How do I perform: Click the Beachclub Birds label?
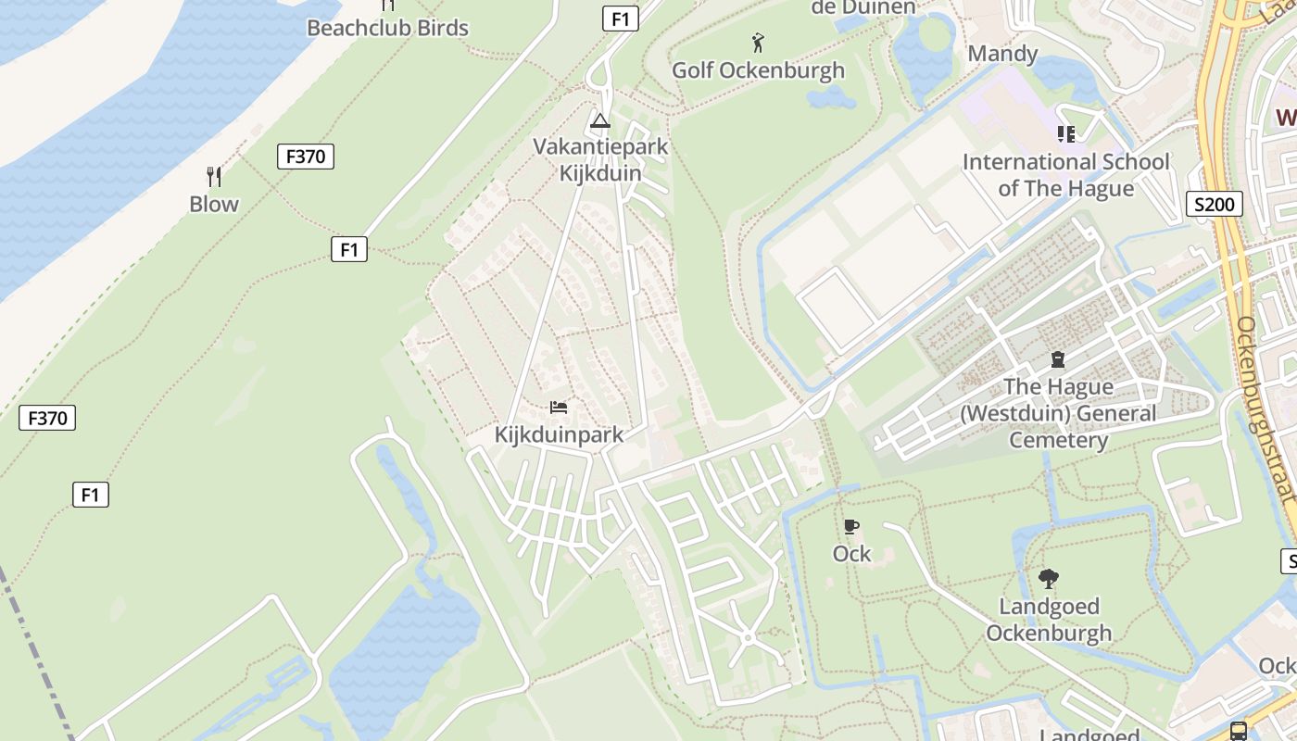[x=387, y=28]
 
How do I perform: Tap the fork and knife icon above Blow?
[x=214, y=176]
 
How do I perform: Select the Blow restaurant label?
[x=214, y=204]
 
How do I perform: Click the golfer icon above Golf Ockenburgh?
[x=758, y=43]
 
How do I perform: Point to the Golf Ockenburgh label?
[x=758, y=70]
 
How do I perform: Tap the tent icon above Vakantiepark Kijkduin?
[x=599, y=120]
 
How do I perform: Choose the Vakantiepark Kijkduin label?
[x=599, y=159]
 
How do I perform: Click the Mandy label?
[x=1002, y=54]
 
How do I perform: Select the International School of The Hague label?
[x=1065, y=175]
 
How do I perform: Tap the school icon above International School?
[x=1066, y=134]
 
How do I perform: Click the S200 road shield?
[x=1214, y=204]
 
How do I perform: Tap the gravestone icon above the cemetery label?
[x=1058, y=359]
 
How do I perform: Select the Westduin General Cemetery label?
[x=1058, y=413]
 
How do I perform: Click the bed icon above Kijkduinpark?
[x=559, y=408]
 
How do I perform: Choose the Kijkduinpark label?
[x=559, y=434]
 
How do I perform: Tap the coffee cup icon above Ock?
[x=851, y=527]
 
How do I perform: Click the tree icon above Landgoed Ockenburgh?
[x=1049, y=579]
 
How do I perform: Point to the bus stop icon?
[x=1239, y=730]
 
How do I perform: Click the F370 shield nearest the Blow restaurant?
[x=305, y=157]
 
